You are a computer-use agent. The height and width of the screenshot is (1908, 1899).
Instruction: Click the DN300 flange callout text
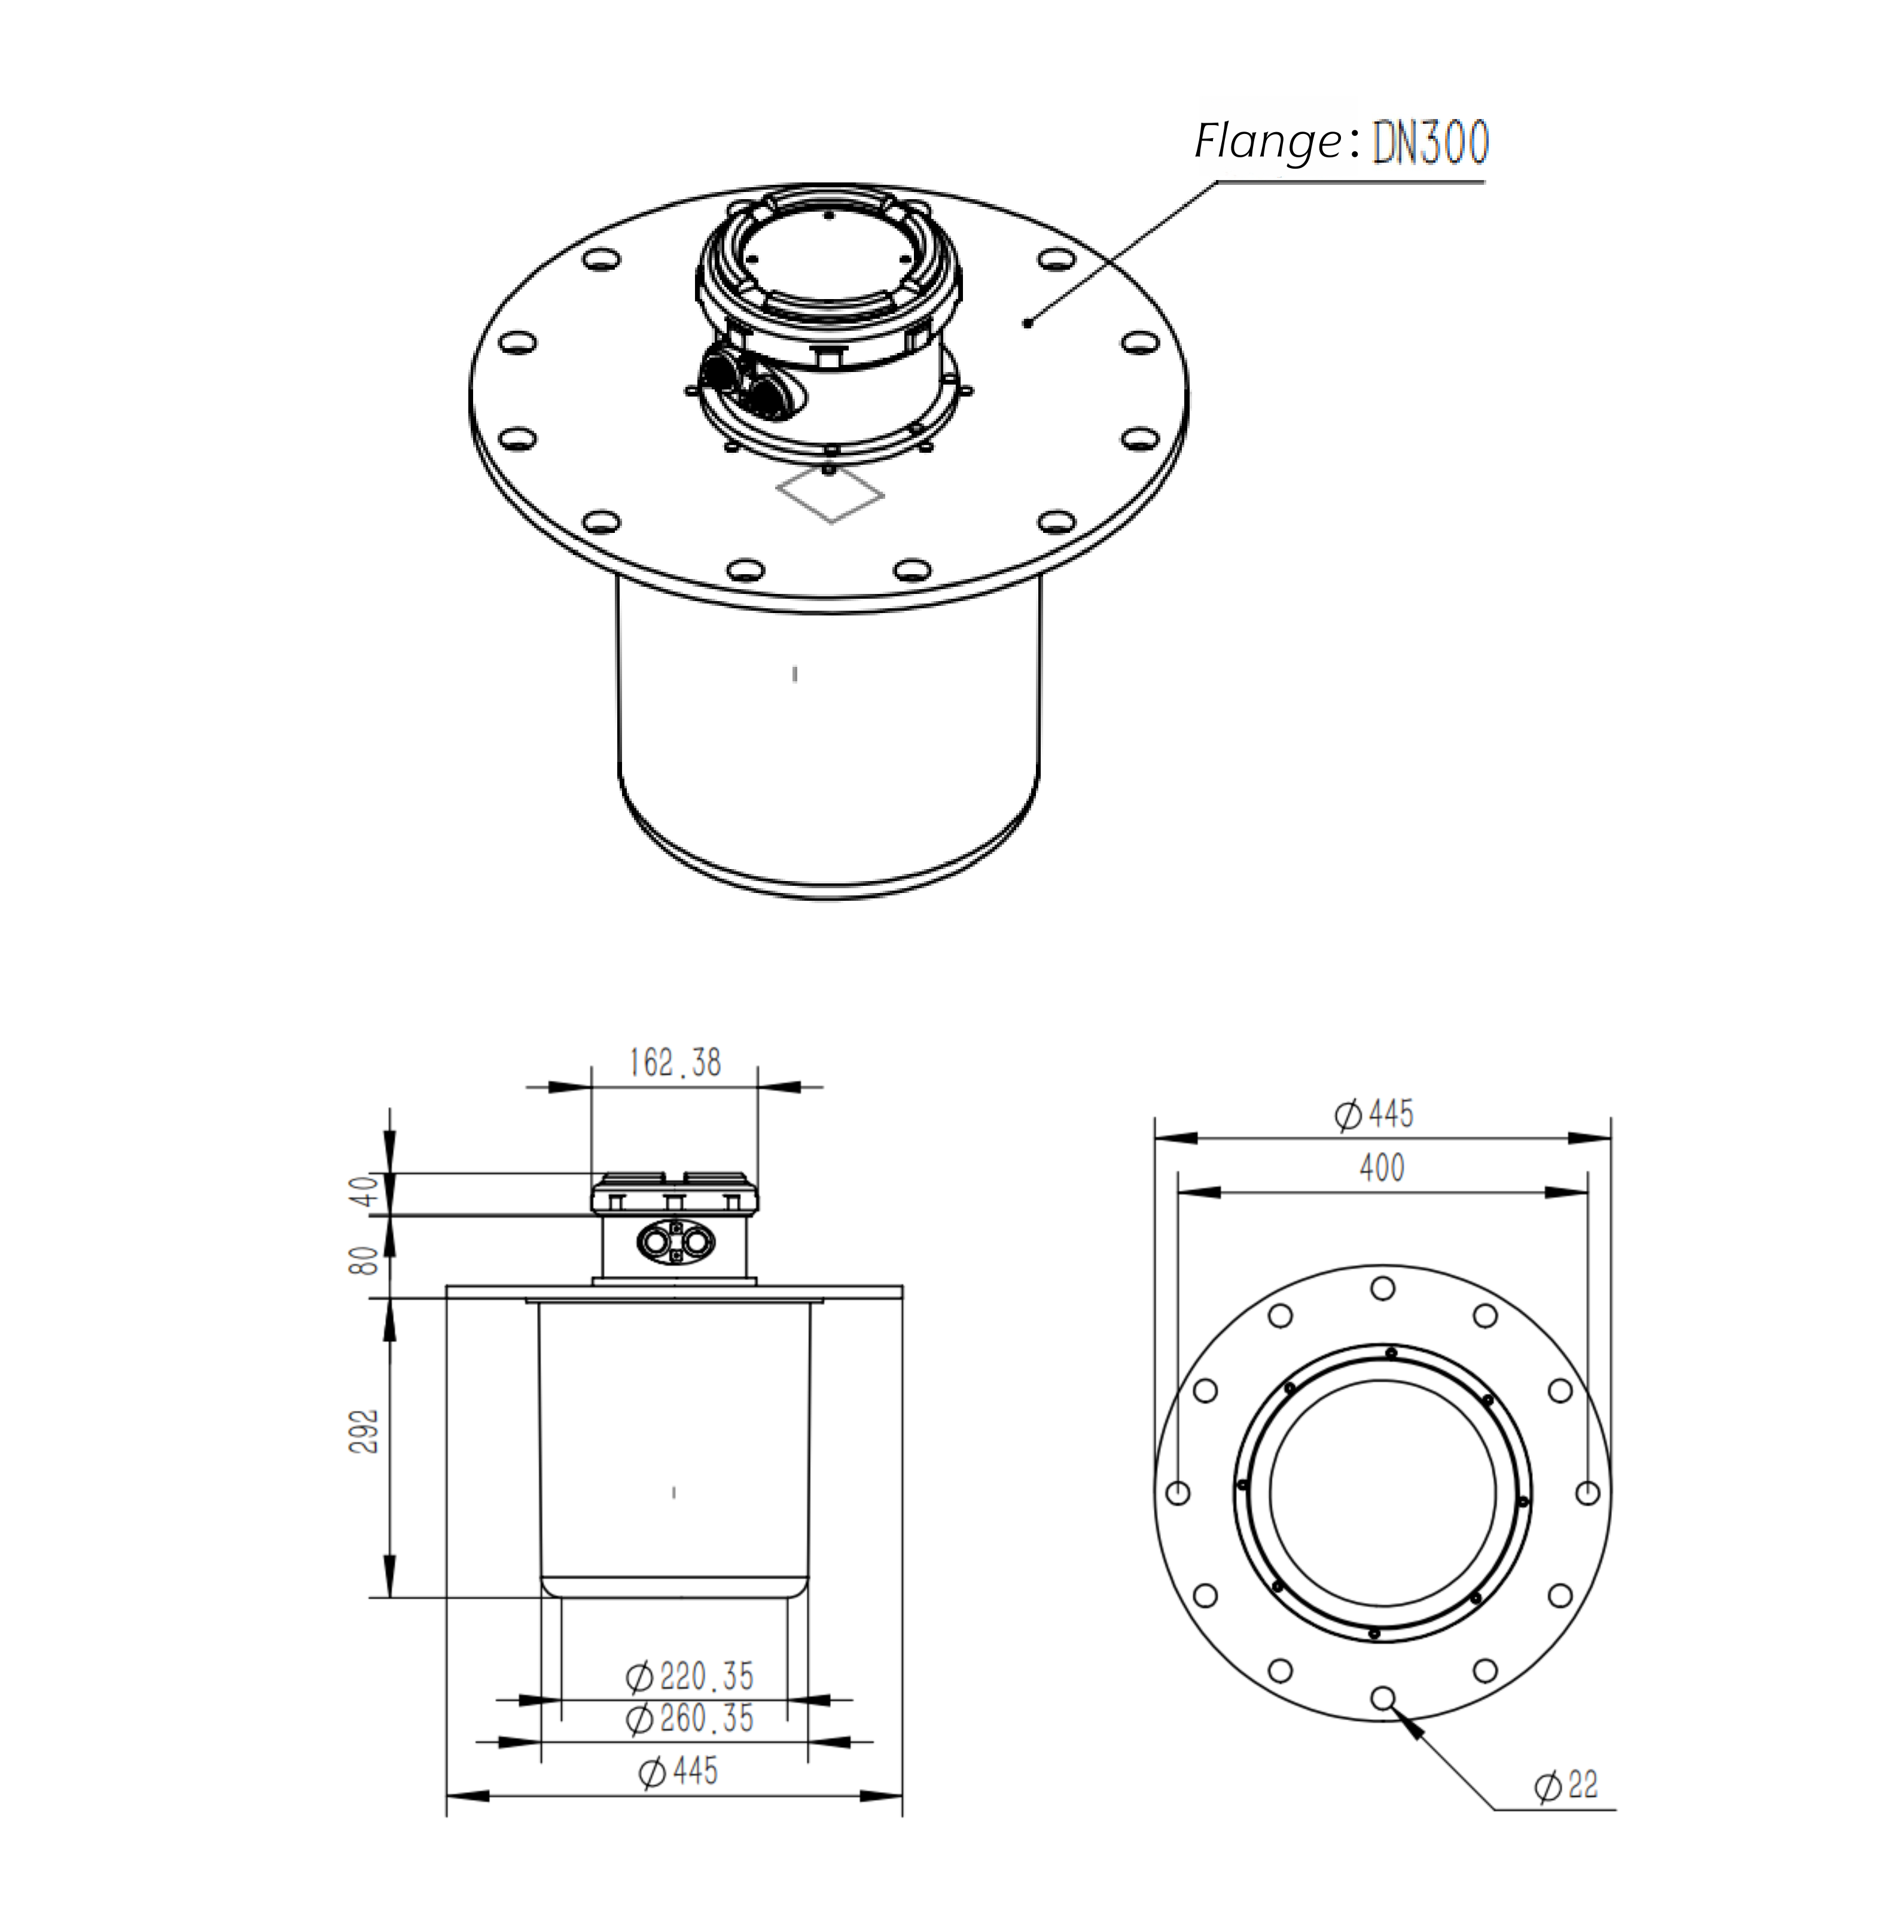1430,143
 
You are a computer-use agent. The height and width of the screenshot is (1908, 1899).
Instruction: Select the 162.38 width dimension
675,1063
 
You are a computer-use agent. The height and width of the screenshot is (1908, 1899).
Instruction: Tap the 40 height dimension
365,1192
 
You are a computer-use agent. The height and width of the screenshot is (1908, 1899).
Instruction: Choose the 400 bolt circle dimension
1382,1168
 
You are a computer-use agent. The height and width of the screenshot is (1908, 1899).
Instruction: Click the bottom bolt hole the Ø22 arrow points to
1382,1697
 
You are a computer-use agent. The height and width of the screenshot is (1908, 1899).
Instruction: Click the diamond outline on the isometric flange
831,495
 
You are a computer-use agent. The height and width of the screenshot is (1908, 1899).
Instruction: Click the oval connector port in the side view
675,1241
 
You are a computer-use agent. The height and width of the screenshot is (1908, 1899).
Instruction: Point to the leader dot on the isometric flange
1028,322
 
